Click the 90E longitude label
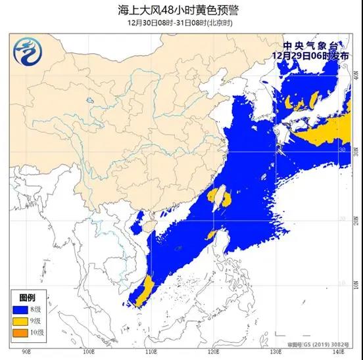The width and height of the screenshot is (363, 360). click(x=26, y=352)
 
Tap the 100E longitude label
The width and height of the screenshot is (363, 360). click(x=90, y=352)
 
